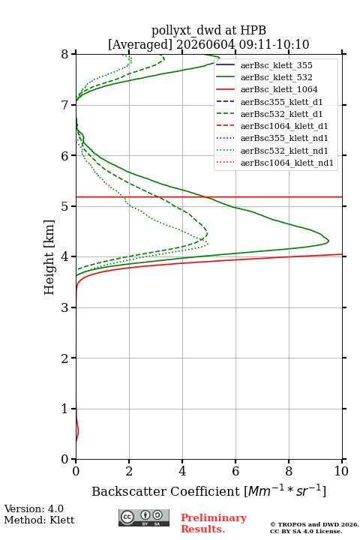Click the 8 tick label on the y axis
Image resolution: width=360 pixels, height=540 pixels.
65,54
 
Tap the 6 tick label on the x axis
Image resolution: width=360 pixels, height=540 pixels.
235,471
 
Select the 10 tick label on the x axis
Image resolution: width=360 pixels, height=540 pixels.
341,471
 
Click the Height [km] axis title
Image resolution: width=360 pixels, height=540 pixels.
49,257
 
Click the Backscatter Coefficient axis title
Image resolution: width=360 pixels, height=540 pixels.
208,490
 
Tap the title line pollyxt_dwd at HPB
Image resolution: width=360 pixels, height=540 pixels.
208,30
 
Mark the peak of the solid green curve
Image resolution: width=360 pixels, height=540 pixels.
328,241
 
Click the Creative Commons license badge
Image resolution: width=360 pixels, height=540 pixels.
144,517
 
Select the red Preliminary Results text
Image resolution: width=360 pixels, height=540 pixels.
214,523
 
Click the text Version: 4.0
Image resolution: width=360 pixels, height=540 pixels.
34,508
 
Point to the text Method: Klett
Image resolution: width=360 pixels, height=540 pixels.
39,520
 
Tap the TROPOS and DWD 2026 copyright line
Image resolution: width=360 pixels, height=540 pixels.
314,524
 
